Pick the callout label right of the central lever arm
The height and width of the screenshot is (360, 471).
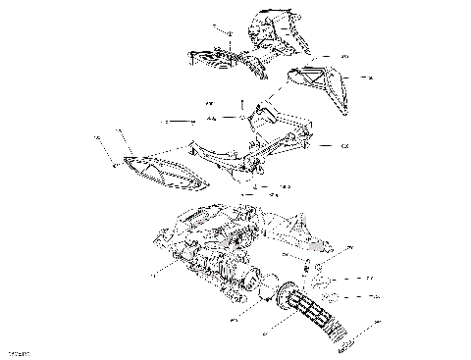pos(344,146)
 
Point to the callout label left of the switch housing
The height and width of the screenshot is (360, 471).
pos(152,277)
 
